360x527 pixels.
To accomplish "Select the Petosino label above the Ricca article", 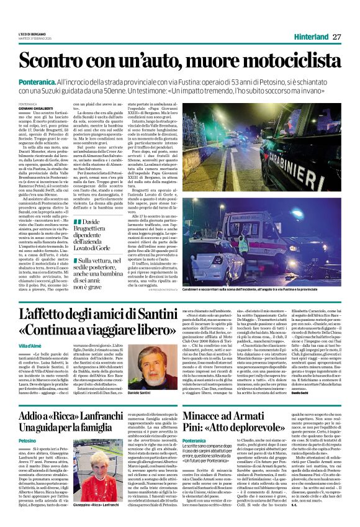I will coord(27,440).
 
